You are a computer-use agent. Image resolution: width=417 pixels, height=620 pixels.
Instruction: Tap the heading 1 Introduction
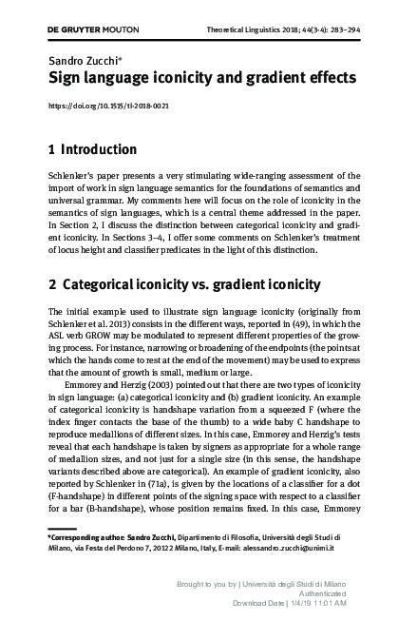tap(92, 149)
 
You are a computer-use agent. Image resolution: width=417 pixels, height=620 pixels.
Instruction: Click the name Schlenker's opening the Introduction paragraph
tap(71, 176)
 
